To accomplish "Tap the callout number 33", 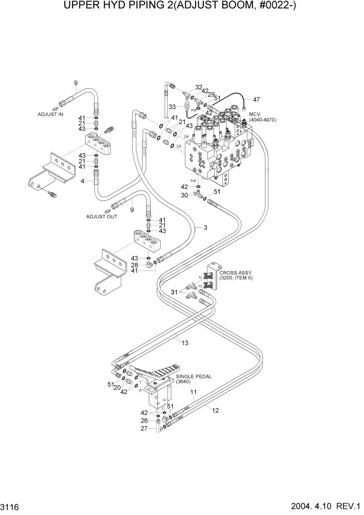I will [172, 106].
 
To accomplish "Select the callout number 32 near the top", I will [199, 87].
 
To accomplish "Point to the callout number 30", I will [184, 195].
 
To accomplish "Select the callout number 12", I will [215, 410].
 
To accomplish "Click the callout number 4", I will [82, 181].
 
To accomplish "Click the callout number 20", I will [118, 387].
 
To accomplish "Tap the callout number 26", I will [145, 421].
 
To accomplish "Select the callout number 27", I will [145, 429].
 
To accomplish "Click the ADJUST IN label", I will [50, 114].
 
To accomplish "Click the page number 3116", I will [12, 505].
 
